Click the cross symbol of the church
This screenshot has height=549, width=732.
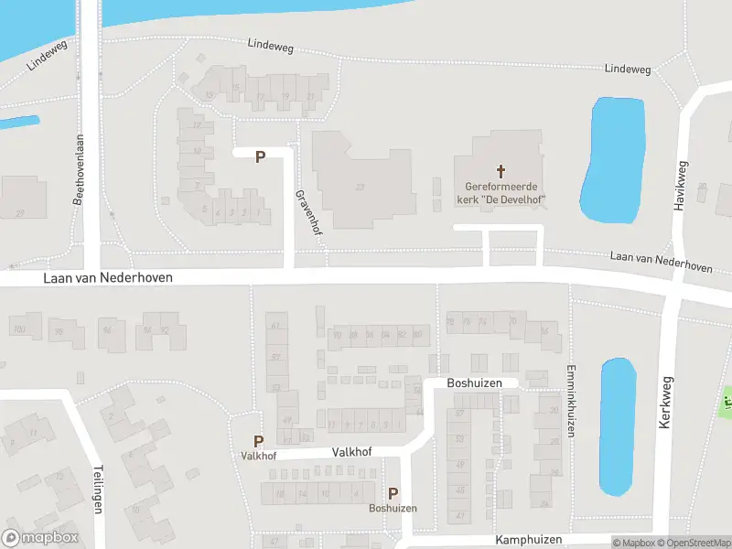point(501,170)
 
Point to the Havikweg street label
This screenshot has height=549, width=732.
point(680,187)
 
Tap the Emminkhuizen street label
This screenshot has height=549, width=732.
point(569,402)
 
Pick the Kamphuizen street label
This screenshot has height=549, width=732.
point(529,540)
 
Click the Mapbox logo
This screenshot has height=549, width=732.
point(40,538)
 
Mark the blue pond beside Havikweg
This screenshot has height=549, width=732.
point(611,160)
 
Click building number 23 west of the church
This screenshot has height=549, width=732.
point(360,187)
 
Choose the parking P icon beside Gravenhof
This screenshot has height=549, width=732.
point(260,156)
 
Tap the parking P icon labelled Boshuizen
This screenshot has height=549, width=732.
point(393,493)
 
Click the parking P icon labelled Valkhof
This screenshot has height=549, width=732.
point(259,441)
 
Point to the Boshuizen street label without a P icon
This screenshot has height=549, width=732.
point(475,382)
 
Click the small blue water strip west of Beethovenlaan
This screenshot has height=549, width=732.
point(20,122)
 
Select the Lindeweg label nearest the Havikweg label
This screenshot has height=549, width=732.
point(628,69)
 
